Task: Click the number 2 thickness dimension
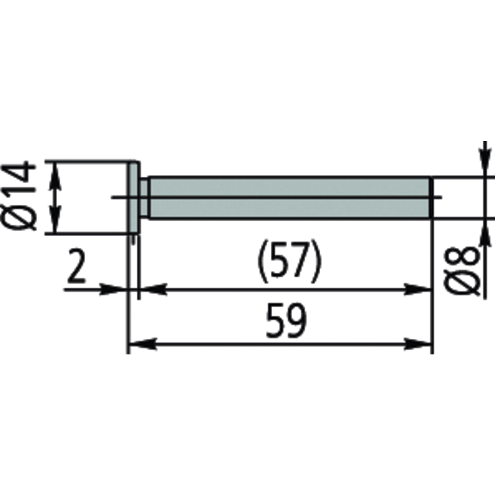pos(76,268)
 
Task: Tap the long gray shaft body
pos(287,198)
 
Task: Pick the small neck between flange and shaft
pos(144,198)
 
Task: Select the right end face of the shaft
pos(430,198)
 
